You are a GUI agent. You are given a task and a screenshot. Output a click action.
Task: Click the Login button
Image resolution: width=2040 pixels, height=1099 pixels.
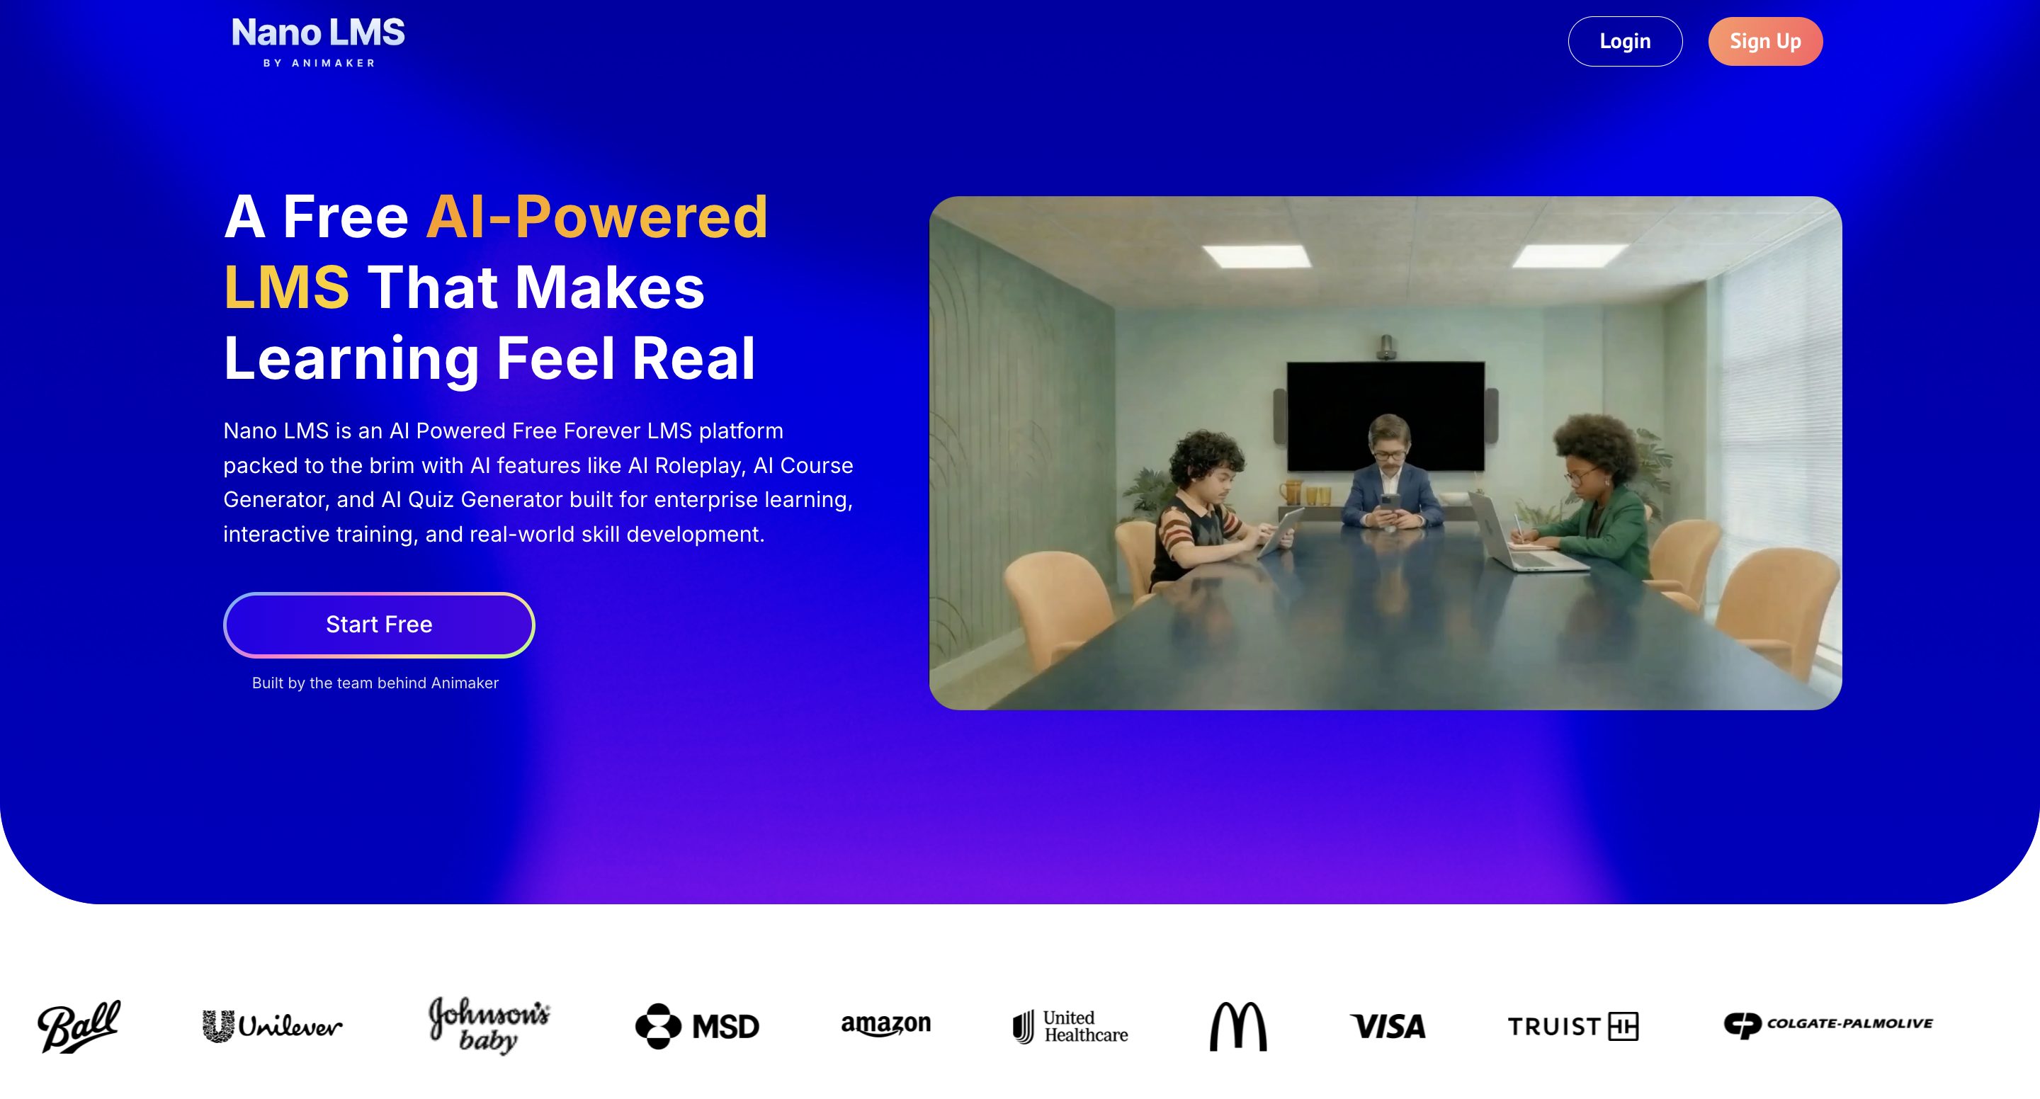click(1625, 41)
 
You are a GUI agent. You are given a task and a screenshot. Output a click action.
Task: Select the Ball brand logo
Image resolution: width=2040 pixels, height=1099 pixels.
click(79, 1026)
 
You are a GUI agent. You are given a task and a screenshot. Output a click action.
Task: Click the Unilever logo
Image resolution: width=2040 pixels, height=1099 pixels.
click(273, 1026)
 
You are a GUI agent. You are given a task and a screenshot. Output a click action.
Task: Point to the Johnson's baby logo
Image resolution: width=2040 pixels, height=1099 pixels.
click(489, 1025)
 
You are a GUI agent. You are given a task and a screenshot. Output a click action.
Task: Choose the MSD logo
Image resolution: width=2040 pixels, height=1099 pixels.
click(697, 1026)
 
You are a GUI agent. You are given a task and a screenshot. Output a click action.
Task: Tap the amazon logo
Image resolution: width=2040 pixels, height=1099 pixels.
click(885, 1025)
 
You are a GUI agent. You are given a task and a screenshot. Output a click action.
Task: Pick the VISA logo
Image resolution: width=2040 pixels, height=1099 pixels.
click(1388, 1026)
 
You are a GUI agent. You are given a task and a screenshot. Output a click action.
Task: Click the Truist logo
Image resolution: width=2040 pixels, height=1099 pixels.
click(1572, 1026)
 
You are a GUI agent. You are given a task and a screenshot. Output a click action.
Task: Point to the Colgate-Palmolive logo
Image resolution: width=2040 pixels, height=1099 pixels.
click(1828, 1025)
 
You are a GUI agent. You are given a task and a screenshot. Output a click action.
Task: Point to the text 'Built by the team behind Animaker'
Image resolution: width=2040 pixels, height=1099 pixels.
click(375, 683)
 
